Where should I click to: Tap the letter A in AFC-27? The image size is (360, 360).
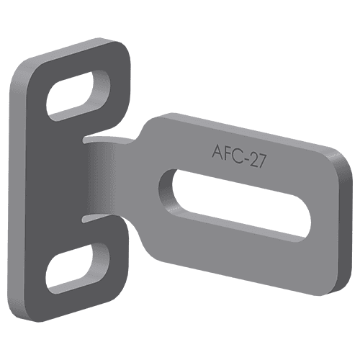pos(217,151)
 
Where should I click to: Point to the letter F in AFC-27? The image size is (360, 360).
pos(228,153)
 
